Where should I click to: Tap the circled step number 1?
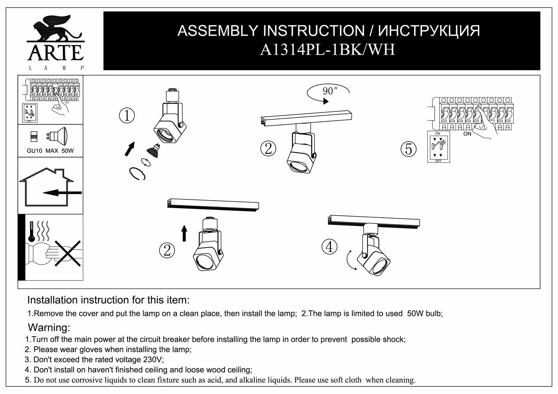pos(127,116)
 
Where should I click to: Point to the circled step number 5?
pos(409,149)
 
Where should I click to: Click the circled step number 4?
pos(329,247)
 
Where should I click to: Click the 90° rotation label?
pos(329,91)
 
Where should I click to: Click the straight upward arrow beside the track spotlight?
pos(184,233)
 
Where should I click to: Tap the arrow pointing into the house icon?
pos(62,193)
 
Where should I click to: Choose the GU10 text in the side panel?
pos(35,151)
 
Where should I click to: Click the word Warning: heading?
pos(49,328)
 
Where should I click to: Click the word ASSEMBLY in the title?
pos(218,31)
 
